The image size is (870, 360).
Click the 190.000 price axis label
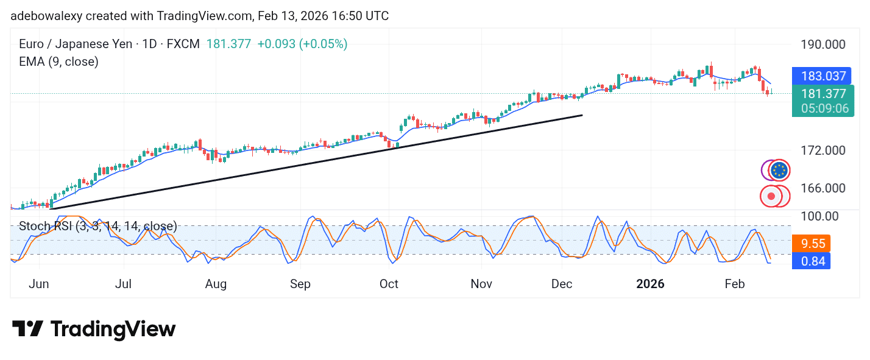click(x=822, y=44)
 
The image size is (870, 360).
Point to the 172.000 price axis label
click(x=822, y=150)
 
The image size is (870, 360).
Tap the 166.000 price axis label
click(x=822, y=188)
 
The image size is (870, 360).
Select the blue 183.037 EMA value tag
click(x=823, y=76)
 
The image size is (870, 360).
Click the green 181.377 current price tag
click(x=823, y=94)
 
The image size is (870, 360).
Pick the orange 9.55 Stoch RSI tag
click(x=813, y=244)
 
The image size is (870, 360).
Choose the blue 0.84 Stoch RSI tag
click(x=813, y=261)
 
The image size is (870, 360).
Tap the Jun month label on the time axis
click(x=38, y=284)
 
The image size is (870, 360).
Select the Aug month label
click(x=216, y=284)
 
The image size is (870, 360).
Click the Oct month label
click(x=389, y=284)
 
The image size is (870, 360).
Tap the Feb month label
click(x=735, y=284)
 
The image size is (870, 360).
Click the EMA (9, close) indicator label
click(x=58, y=62)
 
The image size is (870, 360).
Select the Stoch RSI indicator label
click(x=98, y=227)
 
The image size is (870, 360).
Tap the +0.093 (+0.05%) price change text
click(x=302, y=44)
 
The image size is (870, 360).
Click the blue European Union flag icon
click(x=779, y=171)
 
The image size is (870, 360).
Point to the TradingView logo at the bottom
click(x=94, y=330)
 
